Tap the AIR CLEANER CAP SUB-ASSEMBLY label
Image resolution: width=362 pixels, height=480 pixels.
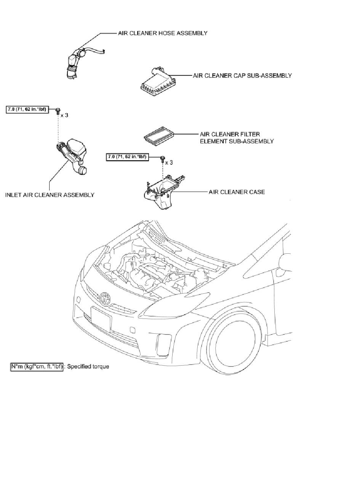click(242, 75)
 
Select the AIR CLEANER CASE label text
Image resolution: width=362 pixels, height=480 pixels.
click(237, 192)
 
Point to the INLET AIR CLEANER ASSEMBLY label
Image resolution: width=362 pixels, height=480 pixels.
click(50, 195)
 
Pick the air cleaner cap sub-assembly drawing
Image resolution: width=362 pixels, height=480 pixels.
click(157, 83)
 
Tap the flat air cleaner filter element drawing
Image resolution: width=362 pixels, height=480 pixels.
click(159, 135)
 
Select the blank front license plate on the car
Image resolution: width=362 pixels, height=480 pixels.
click(101, 320)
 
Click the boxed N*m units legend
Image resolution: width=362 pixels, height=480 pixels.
click(37, 366)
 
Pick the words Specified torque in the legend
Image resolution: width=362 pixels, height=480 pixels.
click(88, 366)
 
